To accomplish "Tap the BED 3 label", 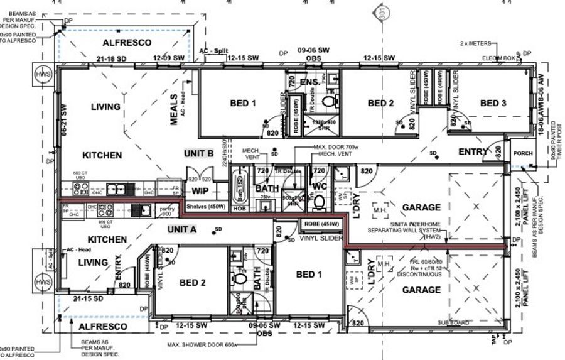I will coord(493,103).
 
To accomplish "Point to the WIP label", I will coord(200,191).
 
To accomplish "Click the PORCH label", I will coord(522,153).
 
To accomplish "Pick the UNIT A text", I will coord(182,230).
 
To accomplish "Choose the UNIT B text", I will coord(199,153).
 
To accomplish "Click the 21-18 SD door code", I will coord(114,58).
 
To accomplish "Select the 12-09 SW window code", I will coord(169,58).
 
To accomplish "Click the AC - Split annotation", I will coord(214,51).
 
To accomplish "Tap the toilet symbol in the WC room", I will coord(319,201).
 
